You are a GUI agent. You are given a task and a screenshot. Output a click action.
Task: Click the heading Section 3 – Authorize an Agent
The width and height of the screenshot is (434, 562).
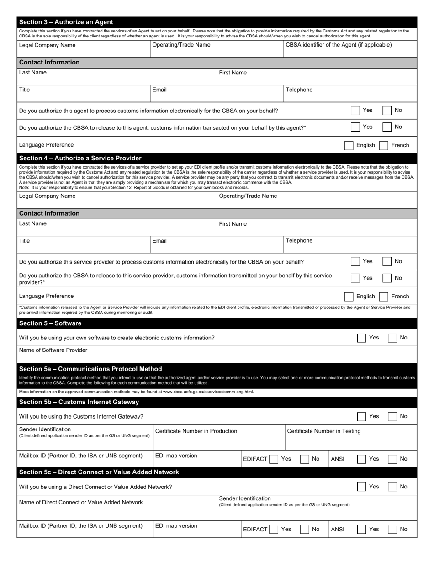[x=66, y=22]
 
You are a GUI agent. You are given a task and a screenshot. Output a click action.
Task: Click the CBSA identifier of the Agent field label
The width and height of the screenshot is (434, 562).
[x=339, y=45]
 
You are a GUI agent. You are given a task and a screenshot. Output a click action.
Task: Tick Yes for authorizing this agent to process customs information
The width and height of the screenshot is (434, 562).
[x=355, y=111]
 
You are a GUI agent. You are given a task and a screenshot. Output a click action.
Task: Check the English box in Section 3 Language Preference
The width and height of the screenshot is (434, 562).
[x=349, y=145]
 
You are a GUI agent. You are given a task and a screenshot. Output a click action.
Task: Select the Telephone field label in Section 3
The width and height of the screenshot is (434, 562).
[x=299, y=90]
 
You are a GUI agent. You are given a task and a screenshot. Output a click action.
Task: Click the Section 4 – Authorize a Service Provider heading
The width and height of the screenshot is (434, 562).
[x=80, y=158]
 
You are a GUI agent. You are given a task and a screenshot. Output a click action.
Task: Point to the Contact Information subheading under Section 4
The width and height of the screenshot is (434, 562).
[x=49, y=213]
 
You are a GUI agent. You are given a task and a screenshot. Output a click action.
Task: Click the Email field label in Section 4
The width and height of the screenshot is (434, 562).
[x=159, y=241]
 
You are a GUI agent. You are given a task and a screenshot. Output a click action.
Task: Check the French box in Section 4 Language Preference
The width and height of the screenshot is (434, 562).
[x=384, y=297]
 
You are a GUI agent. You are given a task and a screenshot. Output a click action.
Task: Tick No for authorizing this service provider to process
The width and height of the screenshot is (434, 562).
[x=386, y=261]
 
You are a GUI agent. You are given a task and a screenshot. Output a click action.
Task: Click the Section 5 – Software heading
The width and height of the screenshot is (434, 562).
[x=50, y=323]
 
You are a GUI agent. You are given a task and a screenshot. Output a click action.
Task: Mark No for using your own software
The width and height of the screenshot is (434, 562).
[x=392, y=338]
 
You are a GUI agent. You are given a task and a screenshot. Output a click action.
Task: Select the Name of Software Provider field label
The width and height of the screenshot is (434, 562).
[x=53, y=350]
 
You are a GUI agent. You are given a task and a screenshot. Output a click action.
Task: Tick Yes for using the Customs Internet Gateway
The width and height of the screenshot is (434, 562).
[x=361, y=417]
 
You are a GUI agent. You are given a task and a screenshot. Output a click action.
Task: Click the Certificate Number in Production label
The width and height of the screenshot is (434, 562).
[x=196, y=431]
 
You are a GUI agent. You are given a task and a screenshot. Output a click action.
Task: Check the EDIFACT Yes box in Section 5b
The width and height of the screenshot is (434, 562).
[x=273, y=459]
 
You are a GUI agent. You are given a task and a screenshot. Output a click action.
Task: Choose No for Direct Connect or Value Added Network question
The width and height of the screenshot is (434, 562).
[x=392, y=487]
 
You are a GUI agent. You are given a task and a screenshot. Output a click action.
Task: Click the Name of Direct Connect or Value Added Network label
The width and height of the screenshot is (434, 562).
[x=81, y=503]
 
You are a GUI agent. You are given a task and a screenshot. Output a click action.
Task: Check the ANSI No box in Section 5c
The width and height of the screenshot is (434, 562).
[x=392, y=530]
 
